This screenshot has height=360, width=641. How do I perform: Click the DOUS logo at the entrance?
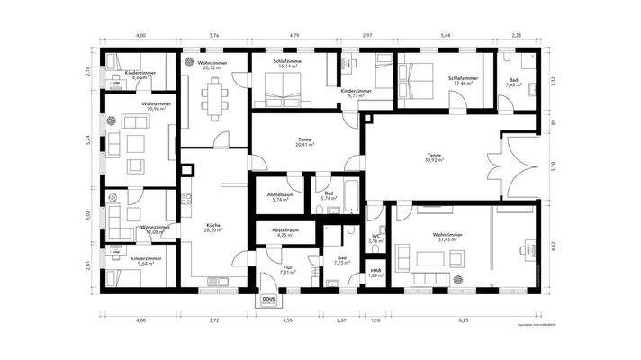point(268,299)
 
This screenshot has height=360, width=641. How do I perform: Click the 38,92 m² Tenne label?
point(435,158)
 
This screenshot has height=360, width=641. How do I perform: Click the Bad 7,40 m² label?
point(512,81)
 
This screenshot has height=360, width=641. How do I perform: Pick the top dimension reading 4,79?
point(293,36)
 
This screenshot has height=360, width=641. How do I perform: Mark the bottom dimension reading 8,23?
point(463,320)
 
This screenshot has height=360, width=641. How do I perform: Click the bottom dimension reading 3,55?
point(286,320)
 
